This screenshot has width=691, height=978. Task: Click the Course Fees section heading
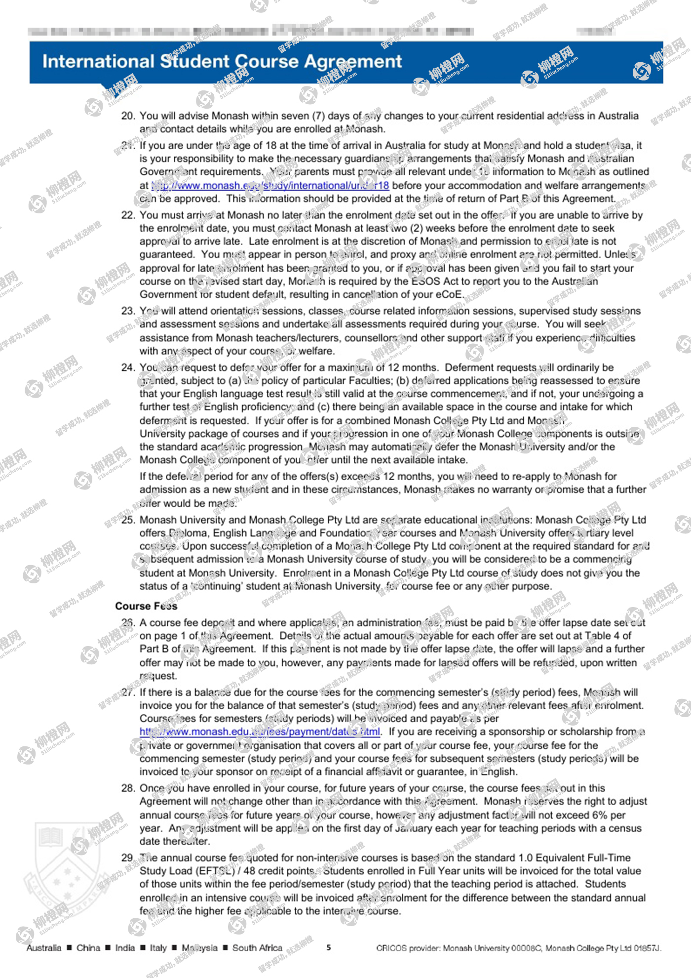coord(146,606)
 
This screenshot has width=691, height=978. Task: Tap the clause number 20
coord(128,116)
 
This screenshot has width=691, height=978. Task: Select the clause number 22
coord(128,215)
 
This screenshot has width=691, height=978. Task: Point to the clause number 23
coord(128,311)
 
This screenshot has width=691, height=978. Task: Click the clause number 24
coord(128,367)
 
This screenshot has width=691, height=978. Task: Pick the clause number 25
coord(128,520)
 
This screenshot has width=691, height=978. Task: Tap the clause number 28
coord(128,788)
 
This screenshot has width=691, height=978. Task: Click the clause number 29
coord(128,857)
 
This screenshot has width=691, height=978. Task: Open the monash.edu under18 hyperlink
coord(270,185)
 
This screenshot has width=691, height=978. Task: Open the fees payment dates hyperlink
coord(260,732)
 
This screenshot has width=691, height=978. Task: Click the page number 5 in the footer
coord(329,947)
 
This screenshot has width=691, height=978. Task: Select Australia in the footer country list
coord(44,948)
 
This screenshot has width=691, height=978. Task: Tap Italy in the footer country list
coord(158,948)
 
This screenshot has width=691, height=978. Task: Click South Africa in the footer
coord(257,948)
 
